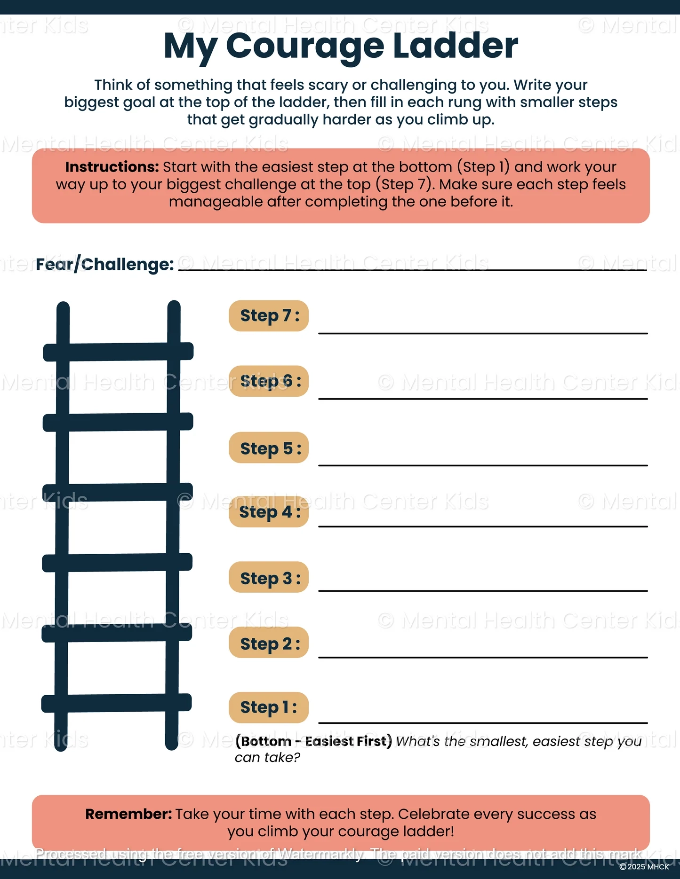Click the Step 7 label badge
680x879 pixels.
[269, 316]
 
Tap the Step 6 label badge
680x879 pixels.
[269, 381]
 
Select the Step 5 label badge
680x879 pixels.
[269, 448]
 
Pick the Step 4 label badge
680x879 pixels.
[269, 512]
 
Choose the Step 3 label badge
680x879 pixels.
[269, 578]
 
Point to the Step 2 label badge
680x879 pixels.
[269, 643]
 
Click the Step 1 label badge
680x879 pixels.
[269, 707]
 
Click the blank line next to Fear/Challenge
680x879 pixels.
[412, 269]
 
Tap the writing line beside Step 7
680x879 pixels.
[483, 332]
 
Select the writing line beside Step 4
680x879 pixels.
[483, 525]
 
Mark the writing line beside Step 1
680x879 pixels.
[483, 722]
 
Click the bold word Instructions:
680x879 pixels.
[112, 167]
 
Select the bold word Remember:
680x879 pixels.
[128, 814]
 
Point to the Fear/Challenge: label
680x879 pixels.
[104, 264]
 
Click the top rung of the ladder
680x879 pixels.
[118, 352]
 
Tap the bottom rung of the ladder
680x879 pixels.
[117, 703]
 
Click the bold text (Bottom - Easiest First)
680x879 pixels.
[313, 741]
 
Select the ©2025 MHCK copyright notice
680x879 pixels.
[644, 866]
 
